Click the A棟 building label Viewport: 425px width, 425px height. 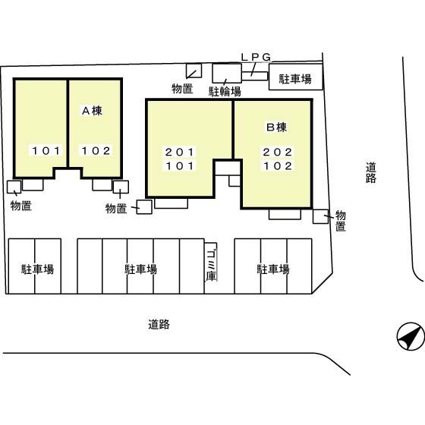pyautogui.click(x=92, y=111)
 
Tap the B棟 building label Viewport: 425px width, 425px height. pyautogui.click(x=275, y=126)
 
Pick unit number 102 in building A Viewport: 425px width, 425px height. pyautogui.click(x=96, y=150)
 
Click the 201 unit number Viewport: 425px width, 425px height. pyautogui.click(x=181, y=152)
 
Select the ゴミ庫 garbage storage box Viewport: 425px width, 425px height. pyautogui.click(x=211, y=266)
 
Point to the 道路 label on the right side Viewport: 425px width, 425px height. pyautogui.click(x=370, y=172)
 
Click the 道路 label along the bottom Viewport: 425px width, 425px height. pyautogui.click(x=159, y=324)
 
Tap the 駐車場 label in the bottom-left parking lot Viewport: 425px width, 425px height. pyautogui.click(x=36, y=269)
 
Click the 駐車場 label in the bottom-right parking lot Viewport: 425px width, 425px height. pyautogui.click(x=272, y=269)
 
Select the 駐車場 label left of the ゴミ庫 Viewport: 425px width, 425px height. pyautogui.click(x=140, y=269)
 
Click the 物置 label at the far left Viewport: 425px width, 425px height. pyautogui.click(x=20, y=205)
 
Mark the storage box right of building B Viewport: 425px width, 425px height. pyautogui.click(x=320, y=216)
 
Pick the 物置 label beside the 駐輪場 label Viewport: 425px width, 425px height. pyautogui.click(x=182, y=89)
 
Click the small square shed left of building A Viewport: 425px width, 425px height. pyautogui.click(x=14, y=187)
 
